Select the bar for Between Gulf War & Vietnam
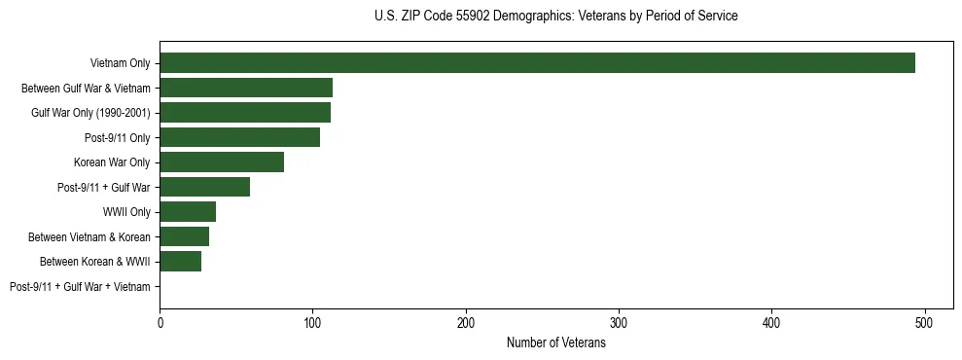pyautogui.click(x=246, y=88)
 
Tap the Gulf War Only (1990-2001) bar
pyautogui.click(x=245, y=113)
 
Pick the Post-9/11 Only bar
pyautogui.click(x=239, y=137)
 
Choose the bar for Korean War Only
pyautogui.click(x=222, y=162)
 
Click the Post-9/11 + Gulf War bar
pyautogui.click(x=204, y=187)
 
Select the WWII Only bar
pyautogui.click(x=188, y=212)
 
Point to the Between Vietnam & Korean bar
pyautogui.click(x=184, y=236)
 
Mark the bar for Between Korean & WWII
pyautogui.click(x=180, y=262)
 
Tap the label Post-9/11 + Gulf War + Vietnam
pyautogui.click(x=80, y=287)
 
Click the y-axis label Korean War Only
pyautogui.click(x=112, y=162)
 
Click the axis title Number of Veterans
pyautogui.click(x=556, y=342)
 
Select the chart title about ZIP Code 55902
pyautogui.click(x=556, y=17)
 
